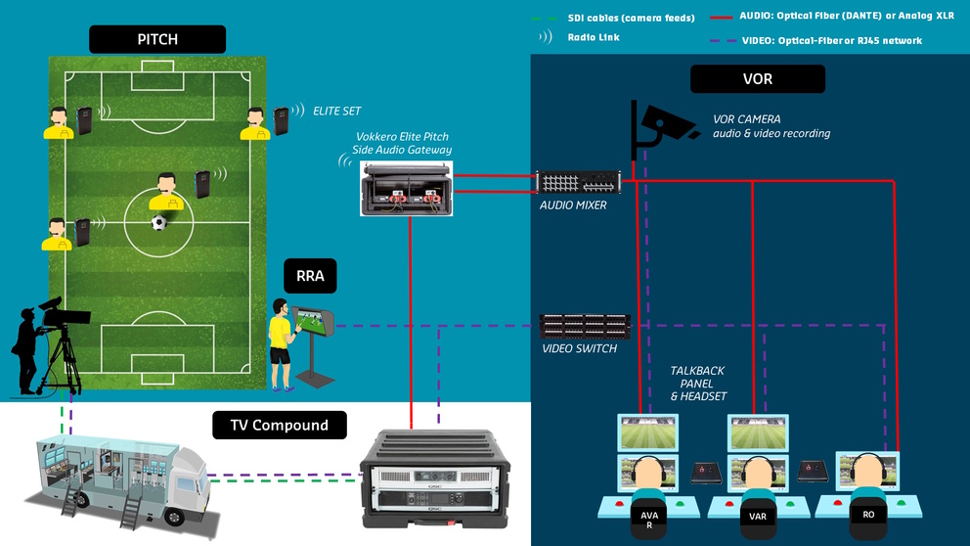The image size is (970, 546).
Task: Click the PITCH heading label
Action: pos(157,39)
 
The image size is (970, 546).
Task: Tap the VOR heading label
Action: pos(758,79)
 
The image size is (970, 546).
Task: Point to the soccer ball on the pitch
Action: pos(158,223)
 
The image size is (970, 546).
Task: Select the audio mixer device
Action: pos(579,183)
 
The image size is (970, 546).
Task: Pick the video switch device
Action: pos(585,326)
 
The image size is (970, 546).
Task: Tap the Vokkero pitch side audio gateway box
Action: pos(404,189)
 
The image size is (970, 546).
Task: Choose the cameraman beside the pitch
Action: pos(39,347)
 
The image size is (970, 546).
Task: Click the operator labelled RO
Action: pos(867,489)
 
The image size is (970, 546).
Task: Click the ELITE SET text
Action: pos(337,112)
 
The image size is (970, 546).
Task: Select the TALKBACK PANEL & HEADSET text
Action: pos(698,384)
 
